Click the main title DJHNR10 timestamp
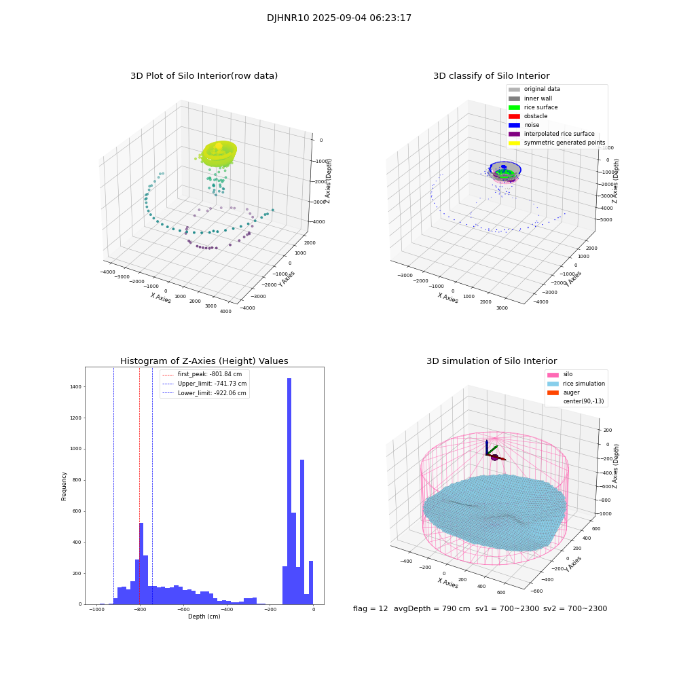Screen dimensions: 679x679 point(339,18)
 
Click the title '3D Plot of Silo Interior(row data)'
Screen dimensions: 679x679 point(204,76)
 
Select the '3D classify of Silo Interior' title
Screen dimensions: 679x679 point(491,76)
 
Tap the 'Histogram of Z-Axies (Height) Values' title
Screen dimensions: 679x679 point(204,361)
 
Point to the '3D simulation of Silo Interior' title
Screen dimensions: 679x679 point(491,361)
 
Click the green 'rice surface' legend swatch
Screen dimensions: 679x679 point(514,107)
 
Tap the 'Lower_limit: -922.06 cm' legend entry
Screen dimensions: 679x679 point(211,392)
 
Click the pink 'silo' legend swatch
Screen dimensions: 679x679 point(553,375)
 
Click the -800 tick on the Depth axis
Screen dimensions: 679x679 point(140,610)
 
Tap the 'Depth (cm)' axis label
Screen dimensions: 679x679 point(204,617)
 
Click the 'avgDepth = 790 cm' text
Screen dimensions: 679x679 point(432,609)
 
